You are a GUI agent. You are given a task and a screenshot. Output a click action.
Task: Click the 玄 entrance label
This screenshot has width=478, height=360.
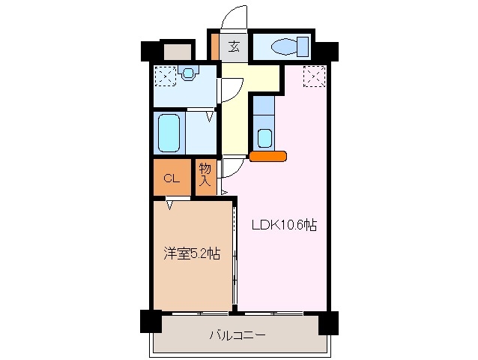click(x=234, y=46)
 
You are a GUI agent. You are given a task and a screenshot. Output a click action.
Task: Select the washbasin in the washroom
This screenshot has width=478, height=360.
click(x=187, y=73)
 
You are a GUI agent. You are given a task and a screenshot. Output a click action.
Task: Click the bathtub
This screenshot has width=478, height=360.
click(x=169, y=133)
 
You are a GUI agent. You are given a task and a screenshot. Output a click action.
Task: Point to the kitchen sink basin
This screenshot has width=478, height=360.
click(x=264, y=138)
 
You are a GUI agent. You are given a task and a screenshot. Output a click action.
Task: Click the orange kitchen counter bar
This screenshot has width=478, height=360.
click(x=267, y=157)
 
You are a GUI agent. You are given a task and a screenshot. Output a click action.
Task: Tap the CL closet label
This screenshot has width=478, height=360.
click(x=172, y=178)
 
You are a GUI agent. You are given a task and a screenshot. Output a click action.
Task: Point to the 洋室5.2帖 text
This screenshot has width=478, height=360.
click(x=192, y=253)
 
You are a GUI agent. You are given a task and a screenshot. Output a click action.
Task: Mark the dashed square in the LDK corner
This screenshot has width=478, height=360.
click(x=314, y=75)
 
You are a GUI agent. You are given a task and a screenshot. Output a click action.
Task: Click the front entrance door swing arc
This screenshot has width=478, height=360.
click(x=234, y=17)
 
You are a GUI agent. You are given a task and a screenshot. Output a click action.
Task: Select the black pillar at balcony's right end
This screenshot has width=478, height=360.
click(x=328, y=322)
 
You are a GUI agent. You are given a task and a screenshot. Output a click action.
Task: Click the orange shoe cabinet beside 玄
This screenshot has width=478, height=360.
click(x=214, y=46)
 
